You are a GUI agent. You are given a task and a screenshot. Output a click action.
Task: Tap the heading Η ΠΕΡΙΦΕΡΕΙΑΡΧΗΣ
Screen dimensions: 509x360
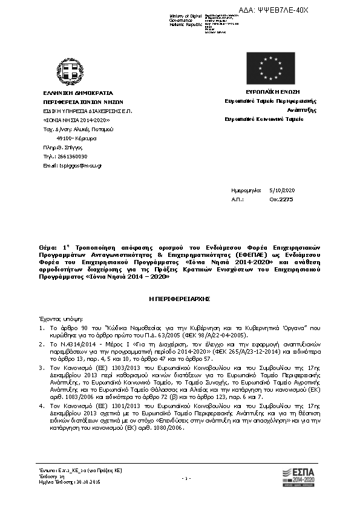point(179,299)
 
